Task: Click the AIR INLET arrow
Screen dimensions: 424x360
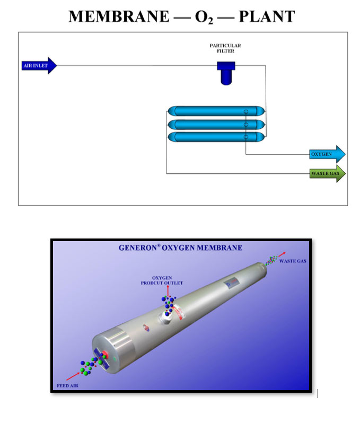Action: point(37,66)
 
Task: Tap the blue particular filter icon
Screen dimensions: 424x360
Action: point(225,73)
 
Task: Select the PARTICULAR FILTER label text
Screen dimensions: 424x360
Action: point(225,49)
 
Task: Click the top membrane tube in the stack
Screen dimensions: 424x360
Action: point(216,111)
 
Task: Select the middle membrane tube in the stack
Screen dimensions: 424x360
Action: point(216,125)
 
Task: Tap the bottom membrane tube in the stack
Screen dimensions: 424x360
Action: point(216,137)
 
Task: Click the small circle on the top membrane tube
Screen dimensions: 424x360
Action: point(246,111)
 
